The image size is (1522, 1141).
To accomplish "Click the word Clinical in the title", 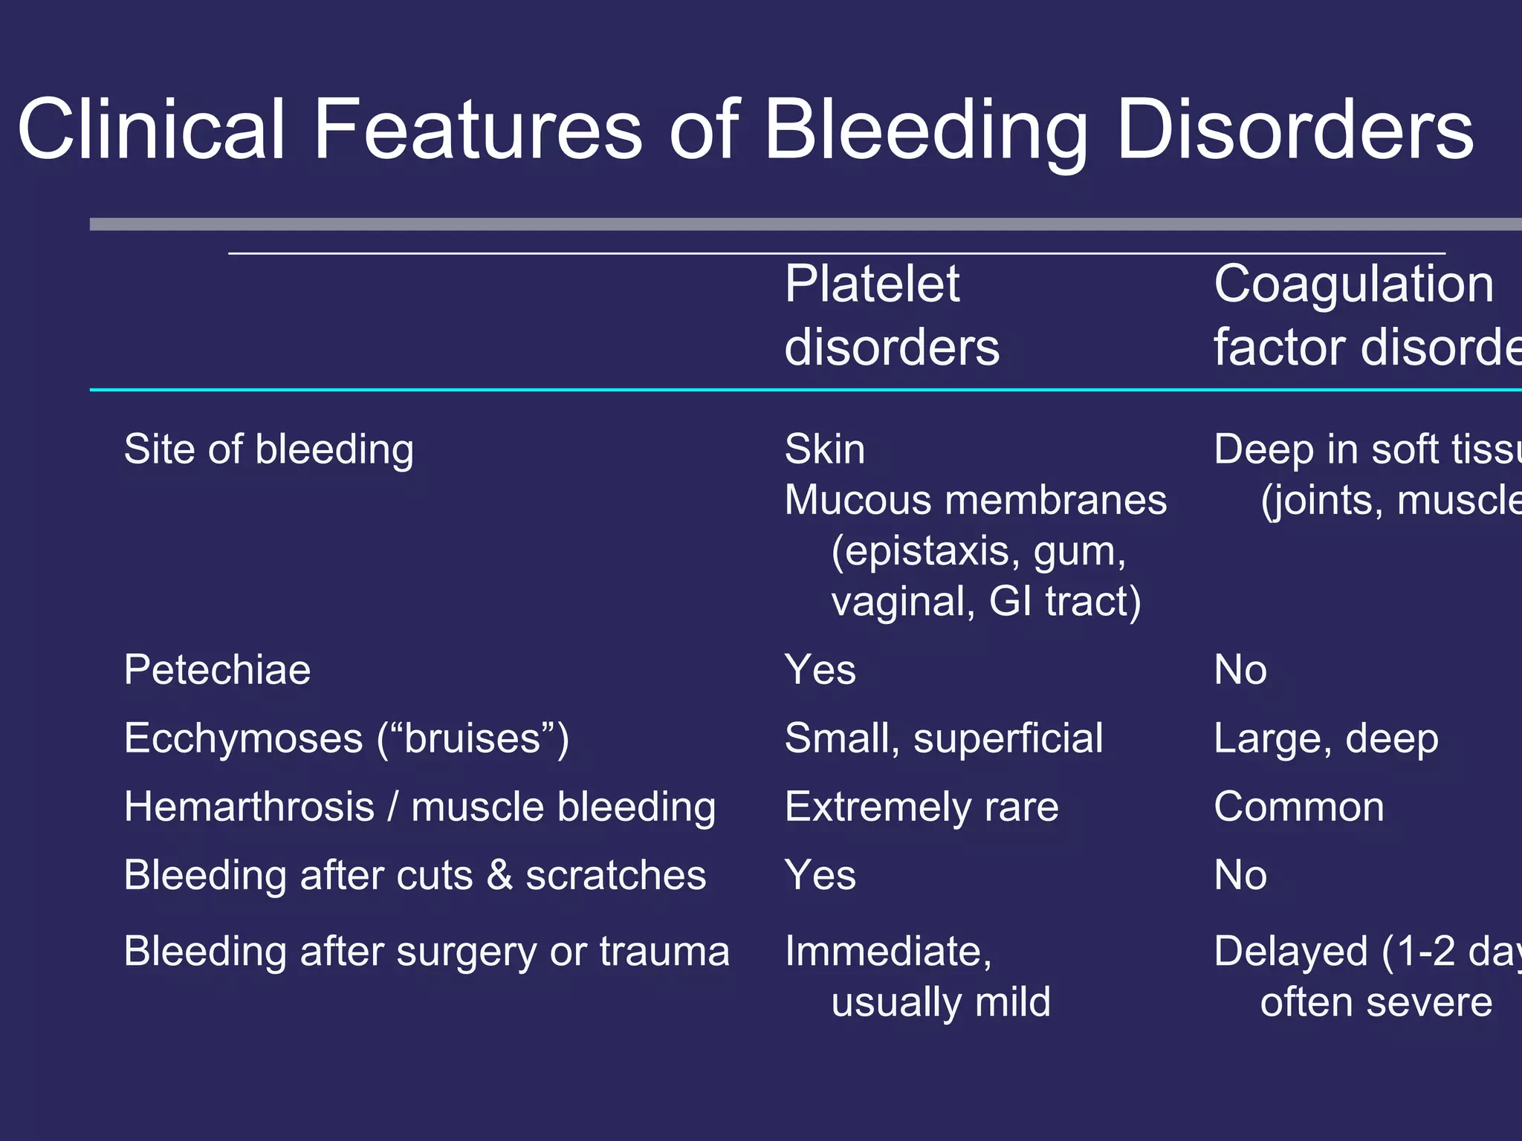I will point(152,130).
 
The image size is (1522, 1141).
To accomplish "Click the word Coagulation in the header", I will point(1353,285).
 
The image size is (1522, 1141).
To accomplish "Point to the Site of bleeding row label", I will point(268,450).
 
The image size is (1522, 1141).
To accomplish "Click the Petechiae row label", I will point(217,670).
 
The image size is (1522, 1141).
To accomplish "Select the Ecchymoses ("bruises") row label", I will point(346,738).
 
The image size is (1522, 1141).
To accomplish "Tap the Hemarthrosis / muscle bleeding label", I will point(420,807).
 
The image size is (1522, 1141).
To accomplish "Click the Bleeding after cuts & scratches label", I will point(415,875).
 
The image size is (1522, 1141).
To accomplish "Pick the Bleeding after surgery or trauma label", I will point(427,952).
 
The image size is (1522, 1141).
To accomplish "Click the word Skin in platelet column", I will point(824,450).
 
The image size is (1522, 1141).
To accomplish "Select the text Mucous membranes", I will point(975,501).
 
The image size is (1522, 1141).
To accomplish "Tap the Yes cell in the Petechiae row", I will point(820,670).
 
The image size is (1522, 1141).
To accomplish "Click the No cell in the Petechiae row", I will point(1240,670).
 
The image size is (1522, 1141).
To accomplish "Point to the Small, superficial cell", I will point(944,738).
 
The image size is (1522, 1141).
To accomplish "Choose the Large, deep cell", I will point(1325,738).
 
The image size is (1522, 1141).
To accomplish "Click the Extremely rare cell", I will point(922,807).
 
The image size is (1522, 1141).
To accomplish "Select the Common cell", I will point(1298,807).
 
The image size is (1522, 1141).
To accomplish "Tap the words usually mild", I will point(940,1002).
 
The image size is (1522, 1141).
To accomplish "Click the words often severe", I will point(1376,1002).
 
